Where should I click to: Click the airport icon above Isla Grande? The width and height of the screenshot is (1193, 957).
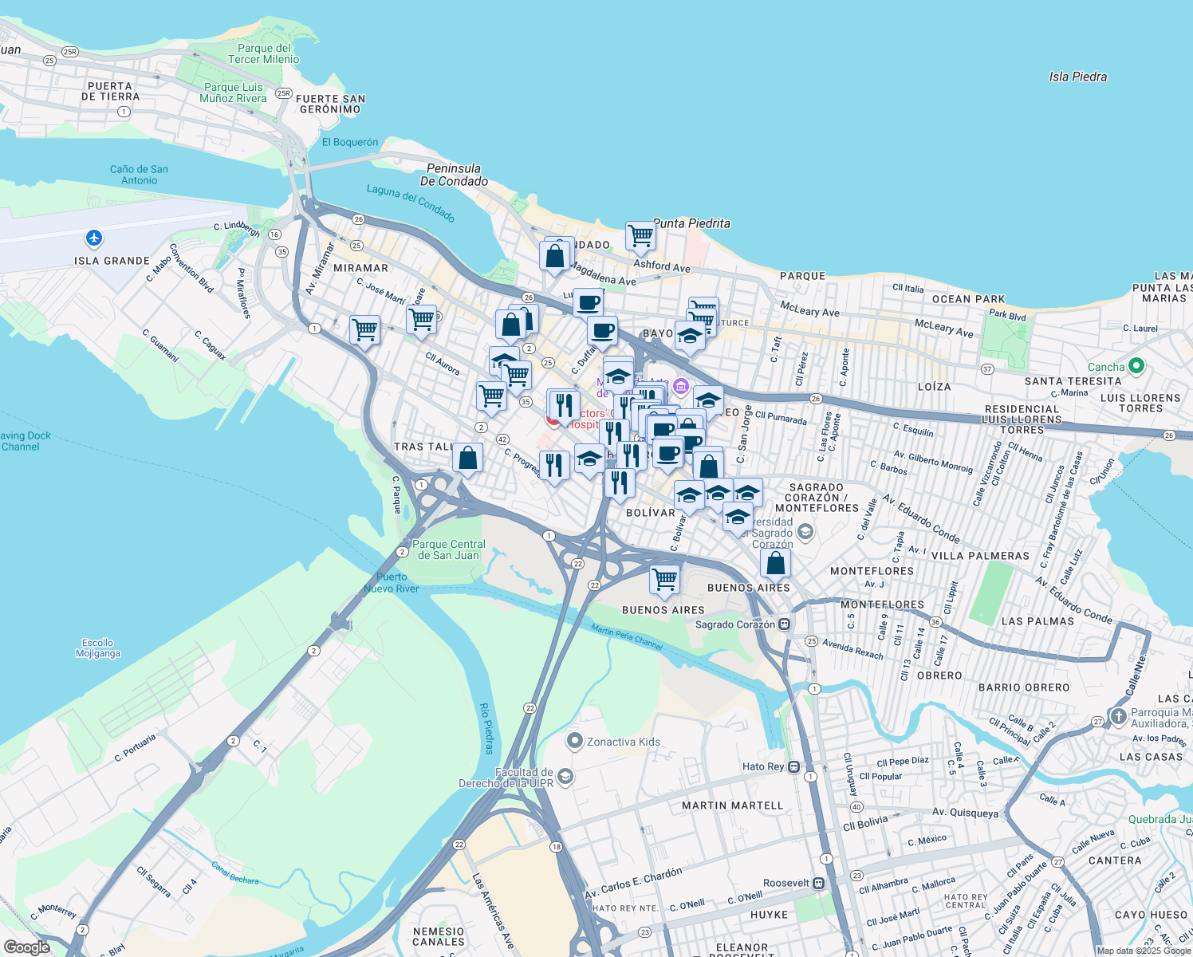94,238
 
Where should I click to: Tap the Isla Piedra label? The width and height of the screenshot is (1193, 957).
1077,77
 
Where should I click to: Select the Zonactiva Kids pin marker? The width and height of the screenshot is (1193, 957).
574,742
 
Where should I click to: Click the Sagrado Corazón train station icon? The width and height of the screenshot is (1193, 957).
785,624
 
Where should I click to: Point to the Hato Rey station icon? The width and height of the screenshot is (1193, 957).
793,767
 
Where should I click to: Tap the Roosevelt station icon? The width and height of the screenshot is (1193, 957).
818,884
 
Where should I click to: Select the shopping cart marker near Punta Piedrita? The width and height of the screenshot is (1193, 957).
640,236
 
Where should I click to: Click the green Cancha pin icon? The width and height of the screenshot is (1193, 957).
1136,367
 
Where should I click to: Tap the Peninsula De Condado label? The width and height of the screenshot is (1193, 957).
454,175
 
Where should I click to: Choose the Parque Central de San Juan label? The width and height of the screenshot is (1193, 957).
448,549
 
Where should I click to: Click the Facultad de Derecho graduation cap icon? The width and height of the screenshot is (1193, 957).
565,777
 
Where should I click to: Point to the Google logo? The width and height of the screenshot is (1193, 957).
26,947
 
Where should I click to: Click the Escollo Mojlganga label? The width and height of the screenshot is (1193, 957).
98,648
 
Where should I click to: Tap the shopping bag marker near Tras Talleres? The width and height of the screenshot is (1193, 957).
468,459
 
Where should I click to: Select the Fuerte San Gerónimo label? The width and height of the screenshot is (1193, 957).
330,104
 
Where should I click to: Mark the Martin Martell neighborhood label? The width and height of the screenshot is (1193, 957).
732,805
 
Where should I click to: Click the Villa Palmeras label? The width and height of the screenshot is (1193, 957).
980,556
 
